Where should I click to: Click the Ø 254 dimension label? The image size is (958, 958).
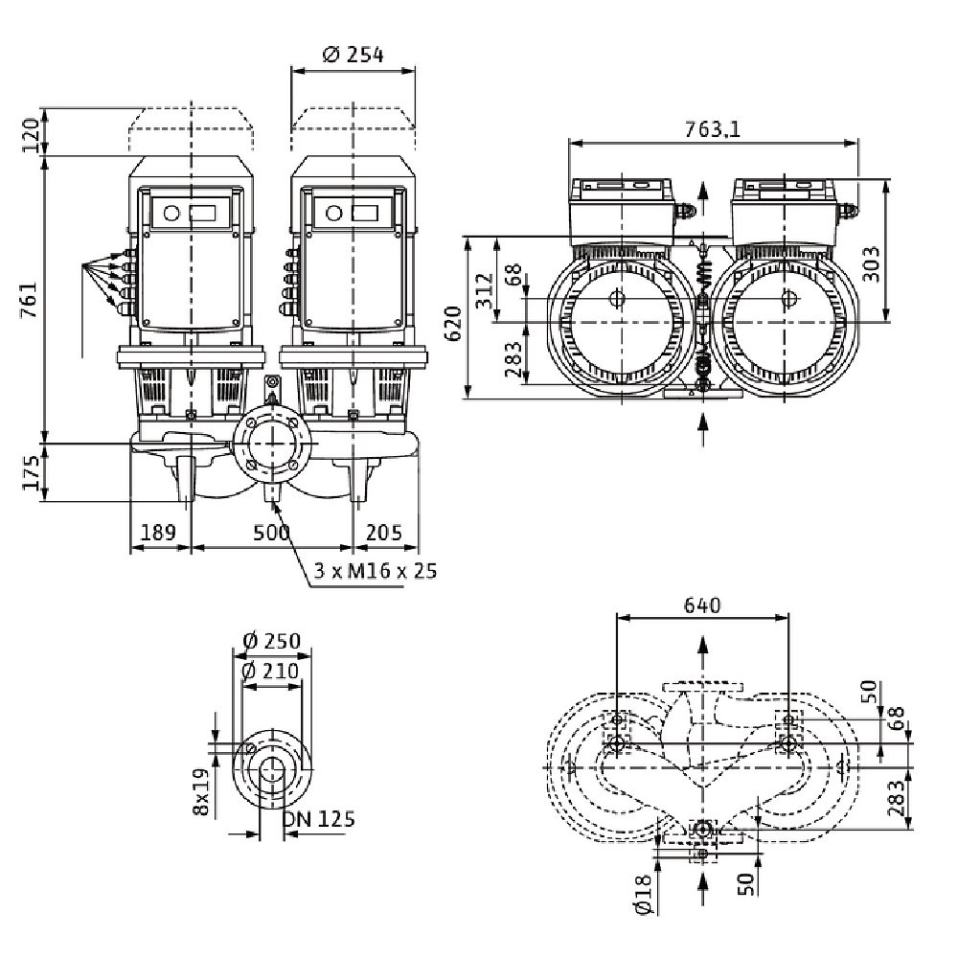(354, 55)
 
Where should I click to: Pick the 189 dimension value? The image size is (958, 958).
(159, 533)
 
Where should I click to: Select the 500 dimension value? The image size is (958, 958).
(274, 533)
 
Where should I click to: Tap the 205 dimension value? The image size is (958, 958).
(385, 533)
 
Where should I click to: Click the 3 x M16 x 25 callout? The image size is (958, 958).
(375, 572)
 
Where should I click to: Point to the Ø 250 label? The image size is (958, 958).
(272, 641)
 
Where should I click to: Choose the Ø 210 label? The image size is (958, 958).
(272, 671)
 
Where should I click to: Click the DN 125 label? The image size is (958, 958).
(319, 819)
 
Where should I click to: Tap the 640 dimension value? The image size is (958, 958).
(702, 604)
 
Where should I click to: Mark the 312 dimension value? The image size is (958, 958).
(484, 285)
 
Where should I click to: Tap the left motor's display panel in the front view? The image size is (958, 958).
(191, 215)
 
